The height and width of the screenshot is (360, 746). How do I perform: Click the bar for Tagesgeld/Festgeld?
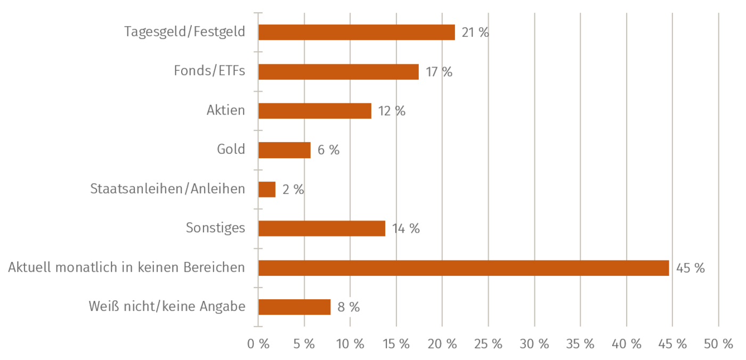click(x=357, y=32)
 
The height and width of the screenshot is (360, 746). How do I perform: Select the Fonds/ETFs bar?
click(x=339, y=72)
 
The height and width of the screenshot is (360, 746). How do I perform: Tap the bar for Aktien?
click(x=315, y=111)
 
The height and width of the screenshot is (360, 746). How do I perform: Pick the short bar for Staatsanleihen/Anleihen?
click(x=267, y=190)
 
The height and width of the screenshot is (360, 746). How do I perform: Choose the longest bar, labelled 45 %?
click(x=464, y=268)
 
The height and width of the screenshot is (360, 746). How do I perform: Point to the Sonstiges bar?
click(x=322, y=228)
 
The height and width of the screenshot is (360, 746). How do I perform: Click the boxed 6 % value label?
click(x=328, y=150)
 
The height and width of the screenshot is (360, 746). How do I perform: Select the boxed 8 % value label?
click(x=348, y=307)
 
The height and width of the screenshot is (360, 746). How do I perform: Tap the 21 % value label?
click(x=475, y=32)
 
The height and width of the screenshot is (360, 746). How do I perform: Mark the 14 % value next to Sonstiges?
click(x=406, y=228)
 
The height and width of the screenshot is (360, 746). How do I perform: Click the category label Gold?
click(x=231, y=149)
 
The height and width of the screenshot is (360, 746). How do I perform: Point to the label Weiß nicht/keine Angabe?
click(x=167, y=307)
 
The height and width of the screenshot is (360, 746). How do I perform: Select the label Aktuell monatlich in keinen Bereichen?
click(x=126, y=267)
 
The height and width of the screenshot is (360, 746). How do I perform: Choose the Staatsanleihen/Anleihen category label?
click(x=168, y=189)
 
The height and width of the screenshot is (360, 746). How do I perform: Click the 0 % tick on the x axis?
click(x=258, y=344)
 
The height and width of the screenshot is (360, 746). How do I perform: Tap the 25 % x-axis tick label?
click(x=488, y=344)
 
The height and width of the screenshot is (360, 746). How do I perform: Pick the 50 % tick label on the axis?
click(x=718, y=344)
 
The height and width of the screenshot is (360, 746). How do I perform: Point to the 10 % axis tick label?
click(x=350, y=344)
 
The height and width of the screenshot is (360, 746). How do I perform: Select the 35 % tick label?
click(x=580, y=344)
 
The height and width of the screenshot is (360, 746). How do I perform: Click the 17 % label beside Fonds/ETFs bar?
click(x=439, y=72)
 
